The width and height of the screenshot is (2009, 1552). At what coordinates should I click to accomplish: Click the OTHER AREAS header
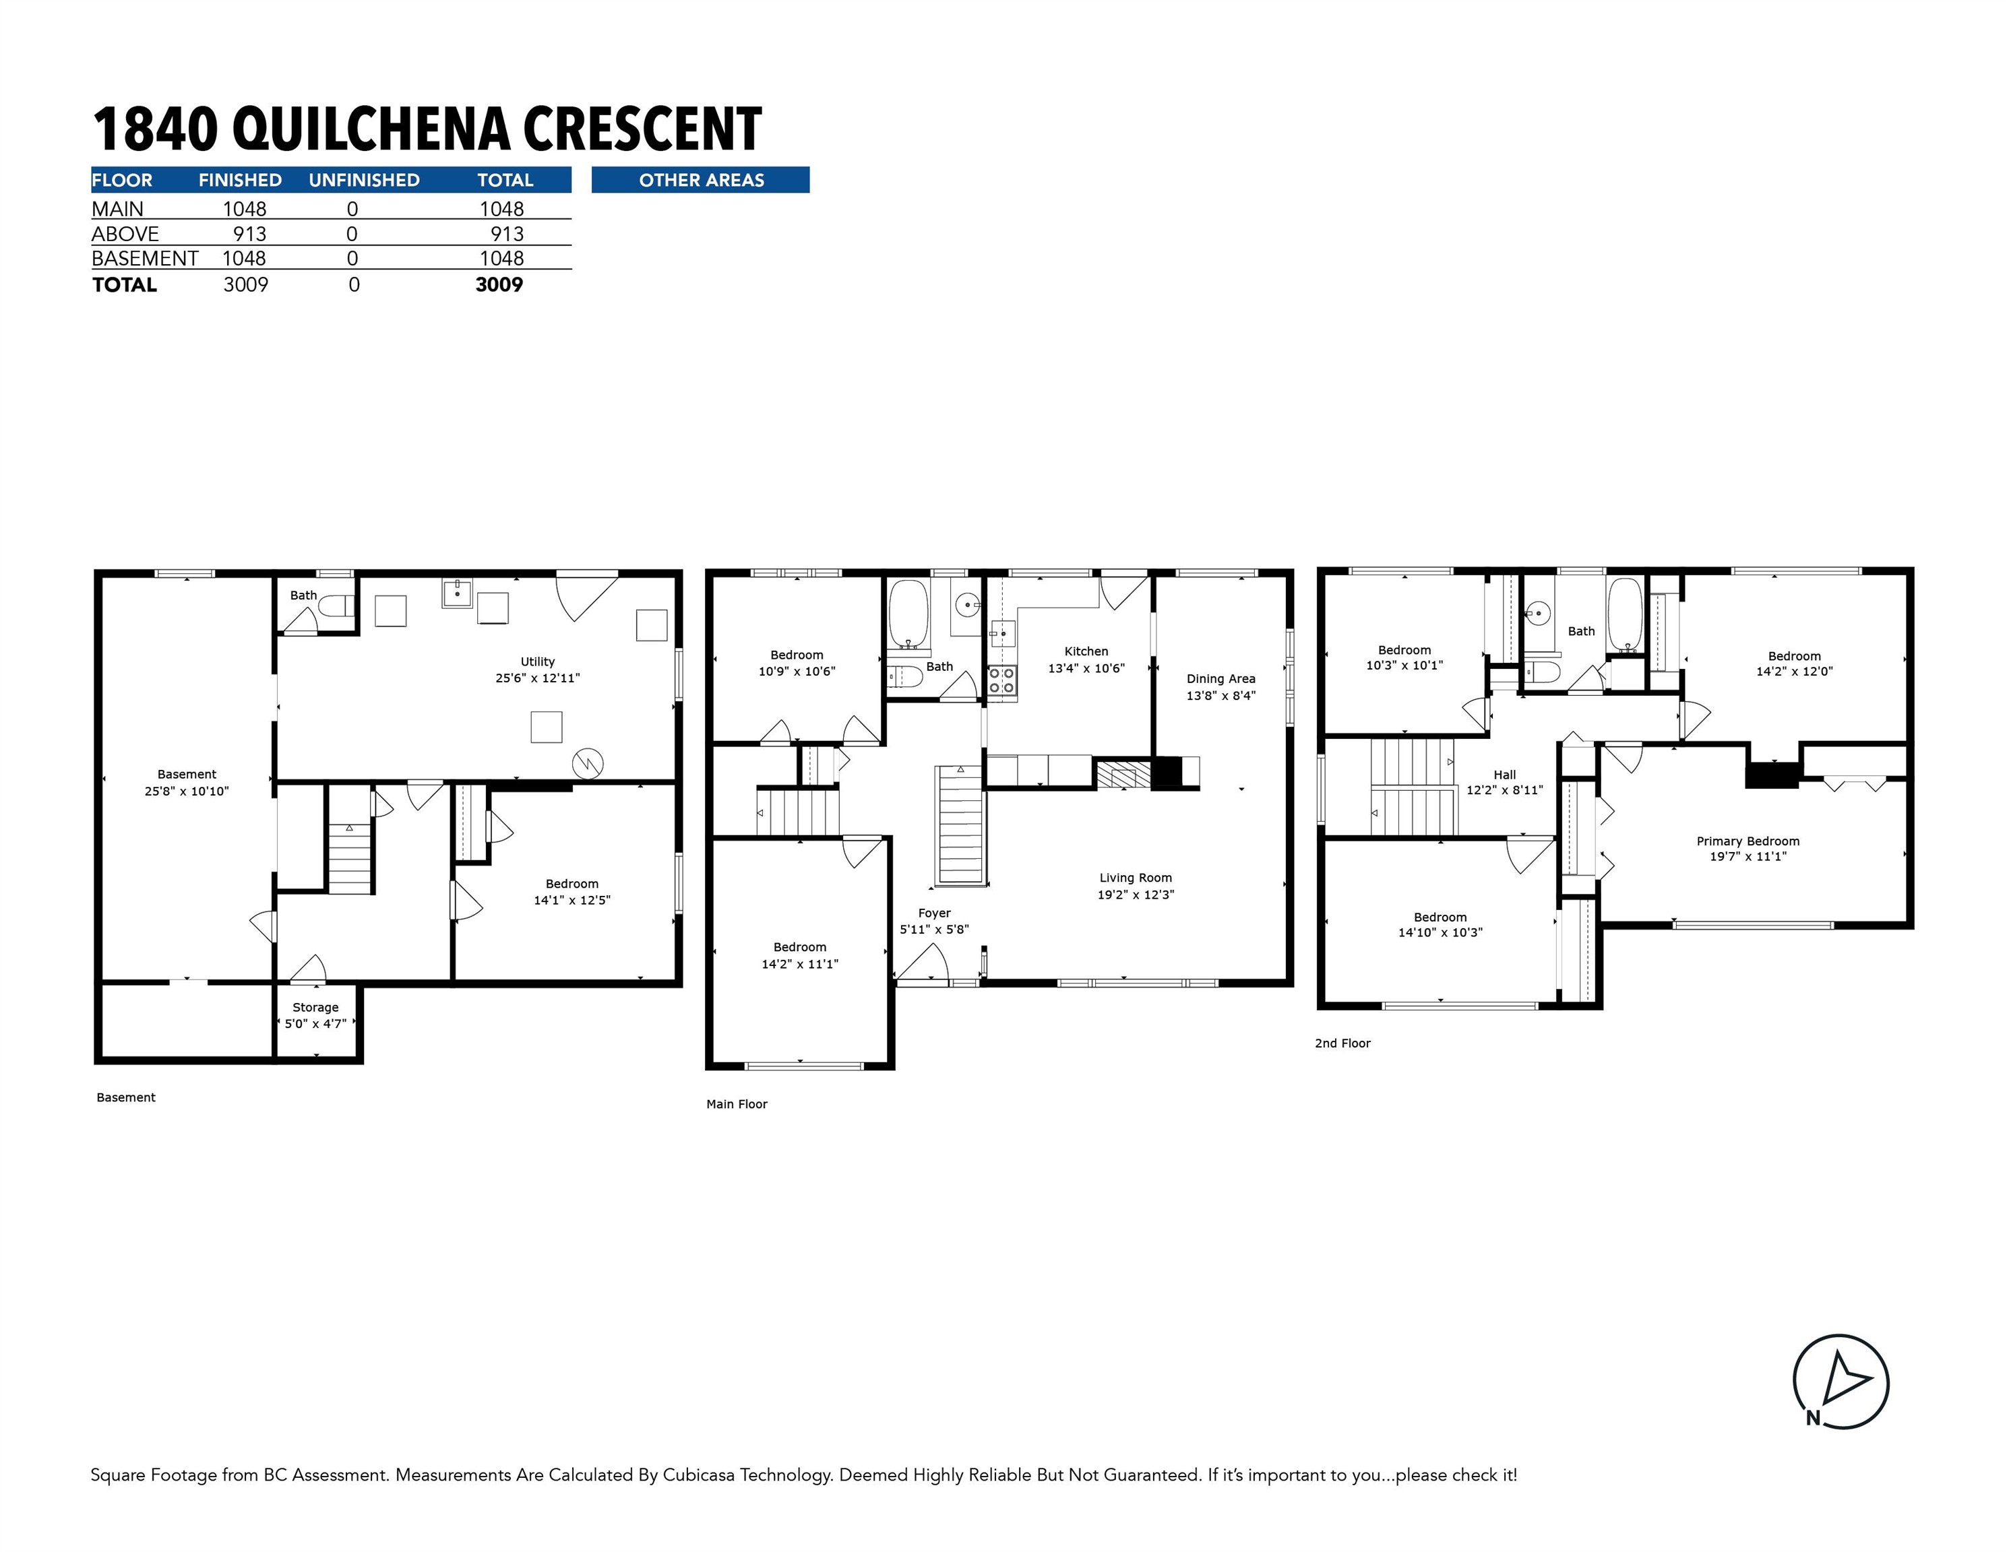(x=701, y=181)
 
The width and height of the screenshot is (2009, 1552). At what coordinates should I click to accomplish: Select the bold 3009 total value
(x=499, y=285)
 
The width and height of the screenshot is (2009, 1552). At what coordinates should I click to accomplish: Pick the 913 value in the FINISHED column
(x=249, y=234)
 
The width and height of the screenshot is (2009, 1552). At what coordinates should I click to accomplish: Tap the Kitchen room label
(x=1086, y=651)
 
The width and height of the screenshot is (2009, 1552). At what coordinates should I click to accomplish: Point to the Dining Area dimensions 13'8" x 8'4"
(x=1220, y=696)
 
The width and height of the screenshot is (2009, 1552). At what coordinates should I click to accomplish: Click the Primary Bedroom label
(x=1747, y=841)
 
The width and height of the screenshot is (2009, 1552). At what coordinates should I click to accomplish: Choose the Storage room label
(x=315, y=1007)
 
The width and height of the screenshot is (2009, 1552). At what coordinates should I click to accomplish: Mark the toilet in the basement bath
(x=338, y=606)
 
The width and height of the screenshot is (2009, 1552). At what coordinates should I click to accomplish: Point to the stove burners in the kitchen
(x=1001, y=680)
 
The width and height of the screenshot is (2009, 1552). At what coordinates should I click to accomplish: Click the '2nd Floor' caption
(x=1342, y=1043)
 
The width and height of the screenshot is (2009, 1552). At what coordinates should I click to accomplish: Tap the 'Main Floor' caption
(x=736, y=1104)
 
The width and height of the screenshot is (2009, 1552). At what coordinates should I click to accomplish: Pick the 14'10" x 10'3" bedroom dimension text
(x=1440, y=932)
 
